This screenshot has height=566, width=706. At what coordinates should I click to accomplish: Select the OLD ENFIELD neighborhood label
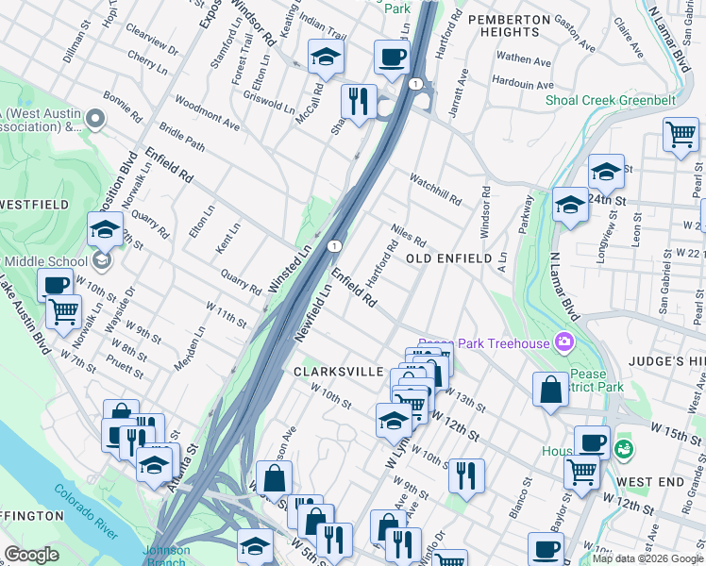pos(449,258)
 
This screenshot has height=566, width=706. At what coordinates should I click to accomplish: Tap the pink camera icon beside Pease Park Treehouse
pos(564,341)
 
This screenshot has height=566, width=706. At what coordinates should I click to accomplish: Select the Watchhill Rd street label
pos(435,189)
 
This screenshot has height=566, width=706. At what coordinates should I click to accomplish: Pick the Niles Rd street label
pos(410,236)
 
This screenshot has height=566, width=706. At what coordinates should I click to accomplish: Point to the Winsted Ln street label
pos(290,268)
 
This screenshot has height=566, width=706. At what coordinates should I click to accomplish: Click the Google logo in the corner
pos(31,555)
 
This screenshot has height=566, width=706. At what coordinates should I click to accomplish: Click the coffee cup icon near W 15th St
pos(593,441)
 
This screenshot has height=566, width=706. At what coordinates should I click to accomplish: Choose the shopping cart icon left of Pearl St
pos(681,134)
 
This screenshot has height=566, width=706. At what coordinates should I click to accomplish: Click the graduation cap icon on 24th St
pos(606,171)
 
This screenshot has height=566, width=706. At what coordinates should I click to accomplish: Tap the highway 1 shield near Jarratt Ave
pos(414,85)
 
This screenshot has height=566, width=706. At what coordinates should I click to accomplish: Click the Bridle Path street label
pos(182,135)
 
